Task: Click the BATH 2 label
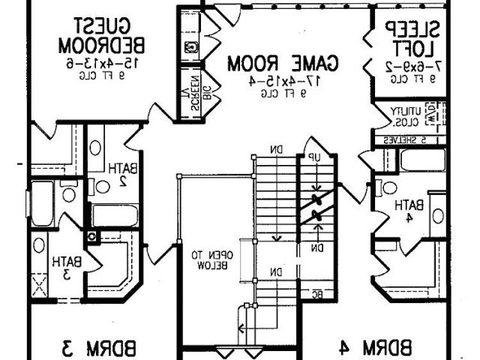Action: point(118,174)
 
